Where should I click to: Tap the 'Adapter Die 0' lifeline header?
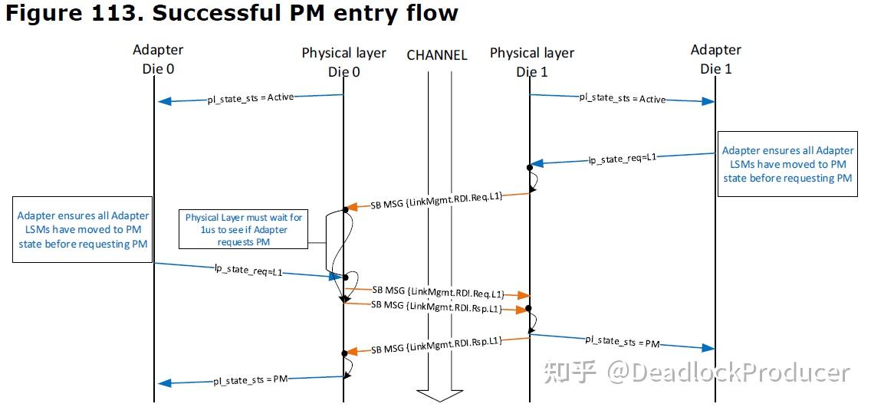coord(158,59)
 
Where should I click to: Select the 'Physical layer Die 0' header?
coord(343,61)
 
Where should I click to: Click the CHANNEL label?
coord(436,55)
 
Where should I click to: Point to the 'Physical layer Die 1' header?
coord(532,61)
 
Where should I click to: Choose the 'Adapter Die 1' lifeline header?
coord(715,59)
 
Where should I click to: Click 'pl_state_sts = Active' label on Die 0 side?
coord(250,98)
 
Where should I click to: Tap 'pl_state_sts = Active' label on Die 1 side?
coord(622,98)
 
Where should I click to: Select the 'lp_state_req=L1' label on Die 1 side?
coord(622,159)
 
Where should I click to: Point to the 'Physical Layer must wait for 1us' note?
coord(244,230)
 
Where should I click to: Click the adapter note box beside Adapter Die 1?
coord(787,165)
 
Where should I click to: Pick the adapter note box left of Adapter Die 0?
coord(83,230)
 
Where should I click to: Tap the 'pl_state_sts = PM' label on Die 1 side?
coord(622,341)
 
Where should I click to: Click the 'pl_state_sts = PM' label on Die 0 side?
coord(250,379)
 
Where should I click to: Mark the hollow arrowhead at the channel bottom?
coord(436,395)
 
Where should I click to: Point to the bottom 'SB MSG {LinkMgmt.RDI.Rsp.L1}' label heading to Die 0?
coord(437,346)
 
